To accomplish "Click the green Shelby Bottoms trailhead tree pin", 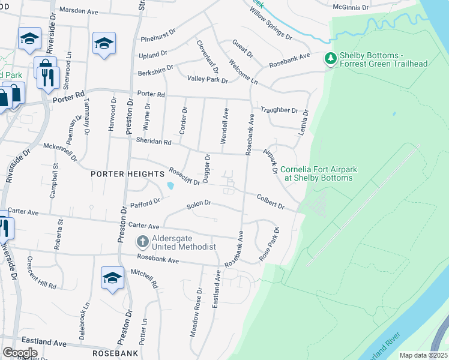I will tap(330, 59).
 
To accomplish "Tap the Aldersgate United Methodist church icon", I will tap(142, 242).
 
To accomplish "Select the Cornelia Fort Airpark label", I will tap(318, 173).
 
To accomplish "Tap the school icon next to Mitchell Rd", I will tap(112, 277).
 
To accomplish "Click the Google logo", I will tap(20, 353).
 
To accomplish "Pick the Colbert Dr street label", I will tap(270, 200).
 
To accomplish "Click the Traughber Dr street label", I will tap(279, 110).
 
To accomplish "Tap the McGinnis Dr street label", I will tap(354, 7).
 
